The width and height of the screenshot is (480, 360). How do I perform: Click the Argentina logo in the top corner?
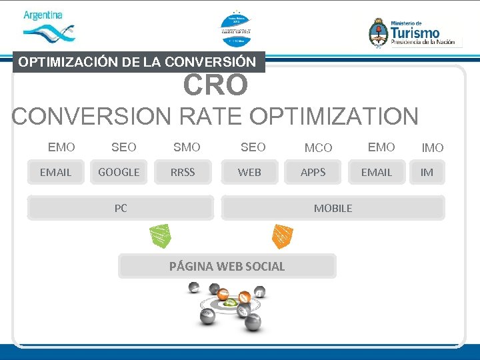coord(47,26)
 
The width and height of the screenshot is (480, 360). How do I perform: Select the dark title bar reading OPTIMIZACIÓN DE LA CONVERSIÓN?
coord(138,62)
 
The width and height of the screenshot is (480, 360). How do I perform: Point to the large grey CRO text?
coord(215,85)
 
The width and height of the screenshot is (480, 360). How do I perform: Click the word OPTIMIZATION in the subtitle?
coord(334,116)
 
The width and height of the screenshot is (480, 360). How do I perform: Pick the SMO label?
coord(187,147)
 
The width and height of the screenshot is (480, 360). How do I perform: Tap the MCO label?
coord(318,148)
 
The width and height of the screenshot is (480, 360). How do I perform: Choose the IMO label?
coord(433,148)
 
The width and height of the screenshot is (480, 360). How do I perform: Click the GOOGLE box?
coord(119,172)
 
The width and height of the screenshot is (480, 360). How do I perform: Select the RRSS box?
coord(183,172)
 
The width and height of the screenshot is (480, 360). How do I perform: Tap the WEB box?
coord(250,172)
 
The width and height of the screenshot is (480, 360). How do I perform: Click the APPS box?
coord(313,172)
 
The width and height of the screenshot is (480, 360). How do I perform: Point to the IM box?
coord(427,172)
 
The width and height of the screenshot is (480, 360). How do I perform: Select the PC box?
coord(121,208)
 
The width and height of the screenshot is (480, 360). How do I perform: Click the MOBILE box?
coord(333,208)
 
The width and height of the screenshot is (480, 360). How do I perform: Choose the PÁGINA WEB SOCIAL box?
coord(227,266)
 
